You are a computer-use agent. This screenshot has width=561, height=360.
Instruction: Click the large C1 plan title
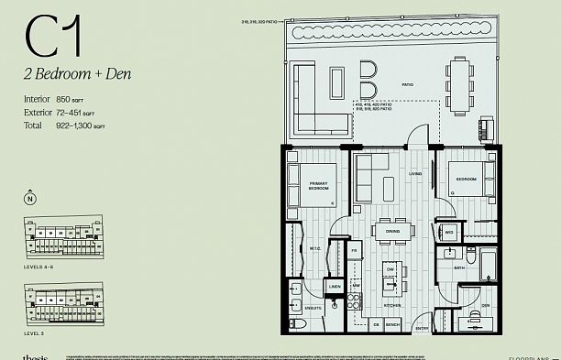[x=53, y=38]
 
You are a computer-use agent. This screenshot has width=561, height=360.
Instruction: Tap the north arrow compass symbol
[x=30, y=199]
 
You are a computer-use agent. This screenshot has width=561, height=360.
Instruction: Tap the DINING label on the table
[x=392, y=232]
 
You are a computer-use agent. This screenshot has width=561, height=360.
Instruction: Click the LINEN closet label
[x=335, y=287]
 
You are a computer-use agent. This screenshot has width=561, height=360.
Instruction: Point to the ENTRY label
[x=422, y=327]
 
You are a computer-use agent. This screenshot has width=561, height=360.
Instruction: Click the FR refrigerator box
[x=354, y=250]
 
